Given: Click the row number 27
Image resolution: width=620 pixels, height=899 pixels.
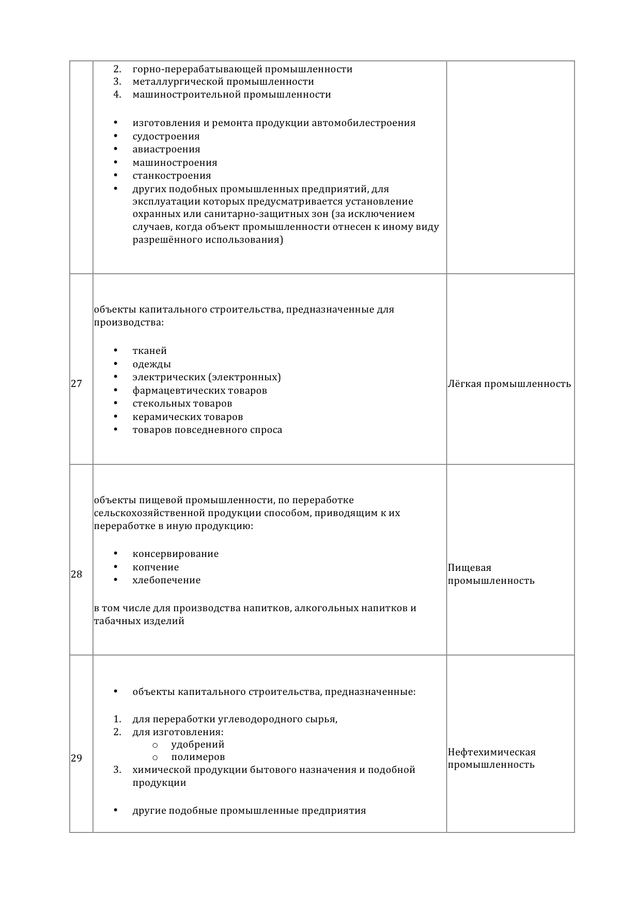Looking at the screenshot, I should click(x=76, y=384).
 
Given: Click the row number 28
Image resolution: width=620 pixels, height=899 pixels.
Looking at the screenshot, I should click(x=76, y=574).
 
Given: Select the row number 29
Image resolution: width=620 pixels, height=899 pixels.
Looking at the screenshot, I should click(x=76, y=758).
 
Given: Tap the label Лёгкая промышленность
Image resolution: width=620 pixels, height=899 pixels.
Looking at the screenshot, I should click(x=509, y=384).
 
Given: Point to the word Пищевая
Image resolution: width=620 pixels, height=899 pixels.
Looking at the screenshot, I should click(x=470, y=568).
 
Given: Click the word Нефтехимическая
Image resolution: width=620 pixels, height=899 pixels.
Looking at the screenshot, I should click(x=491, y=752).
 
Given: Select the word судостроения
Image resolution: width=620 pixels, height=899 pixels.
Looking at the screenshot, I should click(x=166, y=136).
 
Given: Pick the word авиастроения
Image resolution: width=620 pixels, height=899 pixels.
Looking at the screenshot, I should click(x=166, y=149).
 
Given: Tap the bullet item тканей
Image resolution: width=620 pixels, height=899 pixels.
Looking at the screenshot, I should click(x=149, y=351).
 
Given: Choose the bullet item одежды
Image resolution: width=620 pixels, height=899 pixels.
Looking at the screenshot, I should click(x=151, y=364).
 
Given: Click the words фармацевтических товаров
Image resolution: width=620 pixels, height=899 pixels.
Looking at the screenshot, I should click(x=199, y=391).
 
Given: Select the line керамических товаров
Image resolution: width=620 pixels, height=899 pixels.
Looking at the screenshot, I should click(x=188, y=417).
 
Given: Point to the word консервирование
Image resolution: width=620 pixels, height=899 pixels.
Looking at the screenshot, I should click(x=176, y=554).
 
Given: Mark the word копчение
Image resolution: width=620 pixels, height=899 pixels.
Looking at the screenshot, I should click(x=156, y=567).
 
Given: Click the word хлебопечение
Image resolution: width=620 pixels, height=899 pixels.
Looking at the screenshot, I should click(x=166, y=580).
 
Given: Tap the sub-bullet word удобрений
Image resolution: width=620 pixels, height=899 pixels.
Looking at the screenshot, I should click(x=198, y=745).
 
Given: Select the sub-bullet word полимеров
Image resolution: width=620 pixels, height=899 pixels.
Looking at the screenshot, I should click(x=198, y=757).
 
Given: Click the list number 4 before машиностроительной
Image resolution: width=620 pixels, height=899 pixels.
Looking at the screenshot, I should click(x=117, y=95).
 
